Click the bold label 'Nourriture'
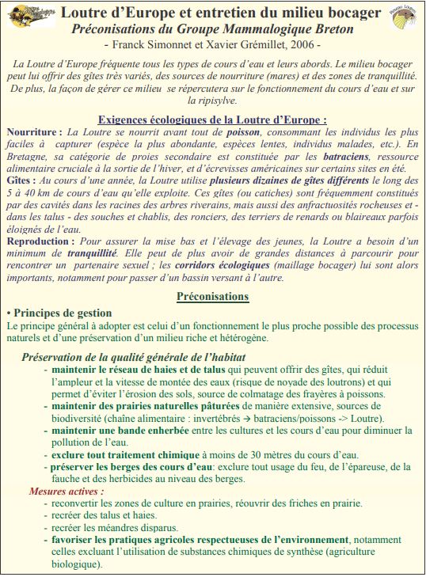(x=32, y=131)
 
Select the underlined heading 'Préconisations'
(x=212, y=297)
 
